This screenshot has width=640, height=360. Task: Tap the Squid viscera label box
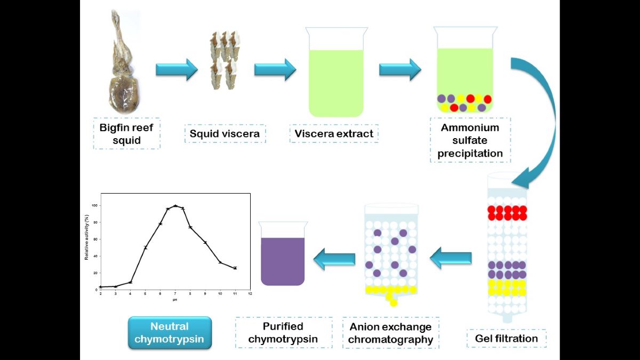point(225,133)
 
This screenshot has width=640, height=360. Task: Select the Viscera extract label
point(334,133)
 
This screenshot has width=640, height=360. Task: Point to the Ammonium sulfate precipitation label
point(470,140)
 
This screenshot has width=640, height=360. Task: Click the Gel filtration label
point(506,338)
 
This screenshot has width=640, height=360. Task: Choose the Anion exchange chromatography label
point(391,333)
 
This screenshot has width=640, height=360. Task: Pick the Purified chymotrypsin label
point(283,332)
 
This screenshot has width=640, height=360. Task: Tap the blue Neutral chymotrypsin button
point(170,333)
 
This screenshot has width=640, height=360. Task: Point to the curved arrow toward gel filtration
point(536,117)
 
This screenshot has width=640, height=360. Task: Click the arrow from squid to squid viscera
point(177,70)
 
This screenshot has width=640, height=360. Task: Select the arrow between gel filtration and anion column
point(451,259)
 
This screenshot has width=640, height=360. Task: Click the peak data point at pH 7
point(175,206)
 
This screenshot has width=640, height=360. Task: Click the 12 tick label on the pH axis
point(250,294)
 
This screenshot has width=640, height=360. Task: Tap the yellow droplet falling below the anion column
point(394,303)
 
